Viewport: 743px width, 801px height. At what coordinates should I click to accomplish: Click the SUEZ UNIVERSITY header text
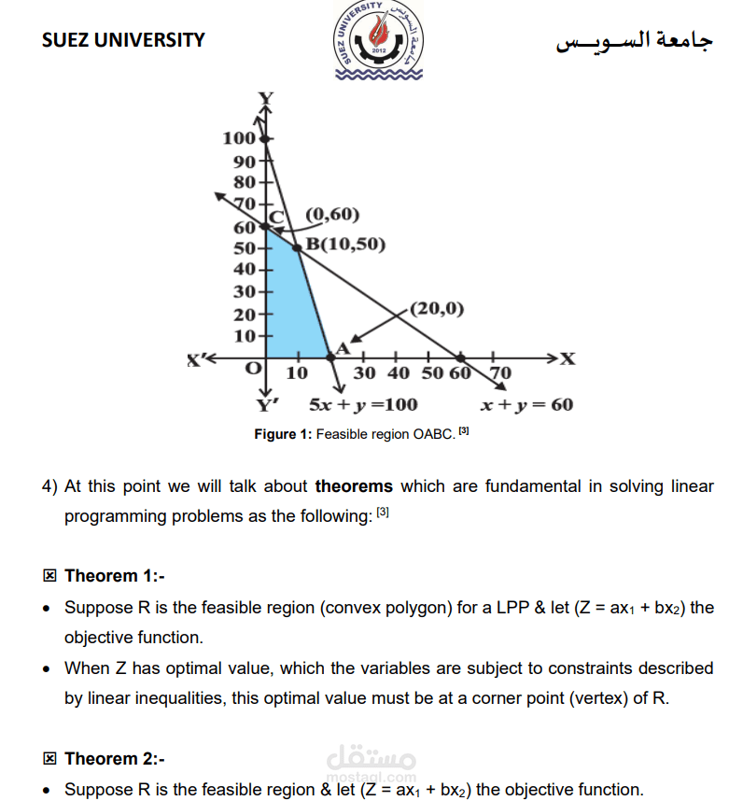[123, 40]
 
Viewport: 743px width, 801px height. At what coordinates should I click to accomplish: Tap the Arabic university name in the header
[634, 41]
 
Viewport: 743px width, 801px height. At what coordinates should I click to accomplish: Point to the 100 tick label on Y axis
[239, 139]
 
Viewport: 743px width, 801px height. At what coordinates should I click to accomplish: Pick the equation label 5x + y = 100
[363, 405]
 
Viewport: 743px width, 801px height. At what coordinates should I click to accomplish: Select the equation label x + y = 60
[526, 405]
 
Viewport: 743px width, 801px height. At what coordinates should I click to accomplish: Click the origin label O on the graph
[252, 369]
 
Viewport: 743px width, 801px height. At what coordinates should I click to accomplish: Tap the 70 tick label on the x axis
[500, 373]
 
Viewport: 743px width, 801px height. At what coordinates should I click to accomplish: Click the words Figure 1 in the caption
[283, 434]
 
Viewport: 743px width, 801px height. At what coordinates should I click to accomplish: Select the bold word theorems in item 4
[354, 486]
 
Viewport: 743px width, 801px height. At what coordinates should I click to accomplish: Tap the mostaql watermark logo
[371, 762]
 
